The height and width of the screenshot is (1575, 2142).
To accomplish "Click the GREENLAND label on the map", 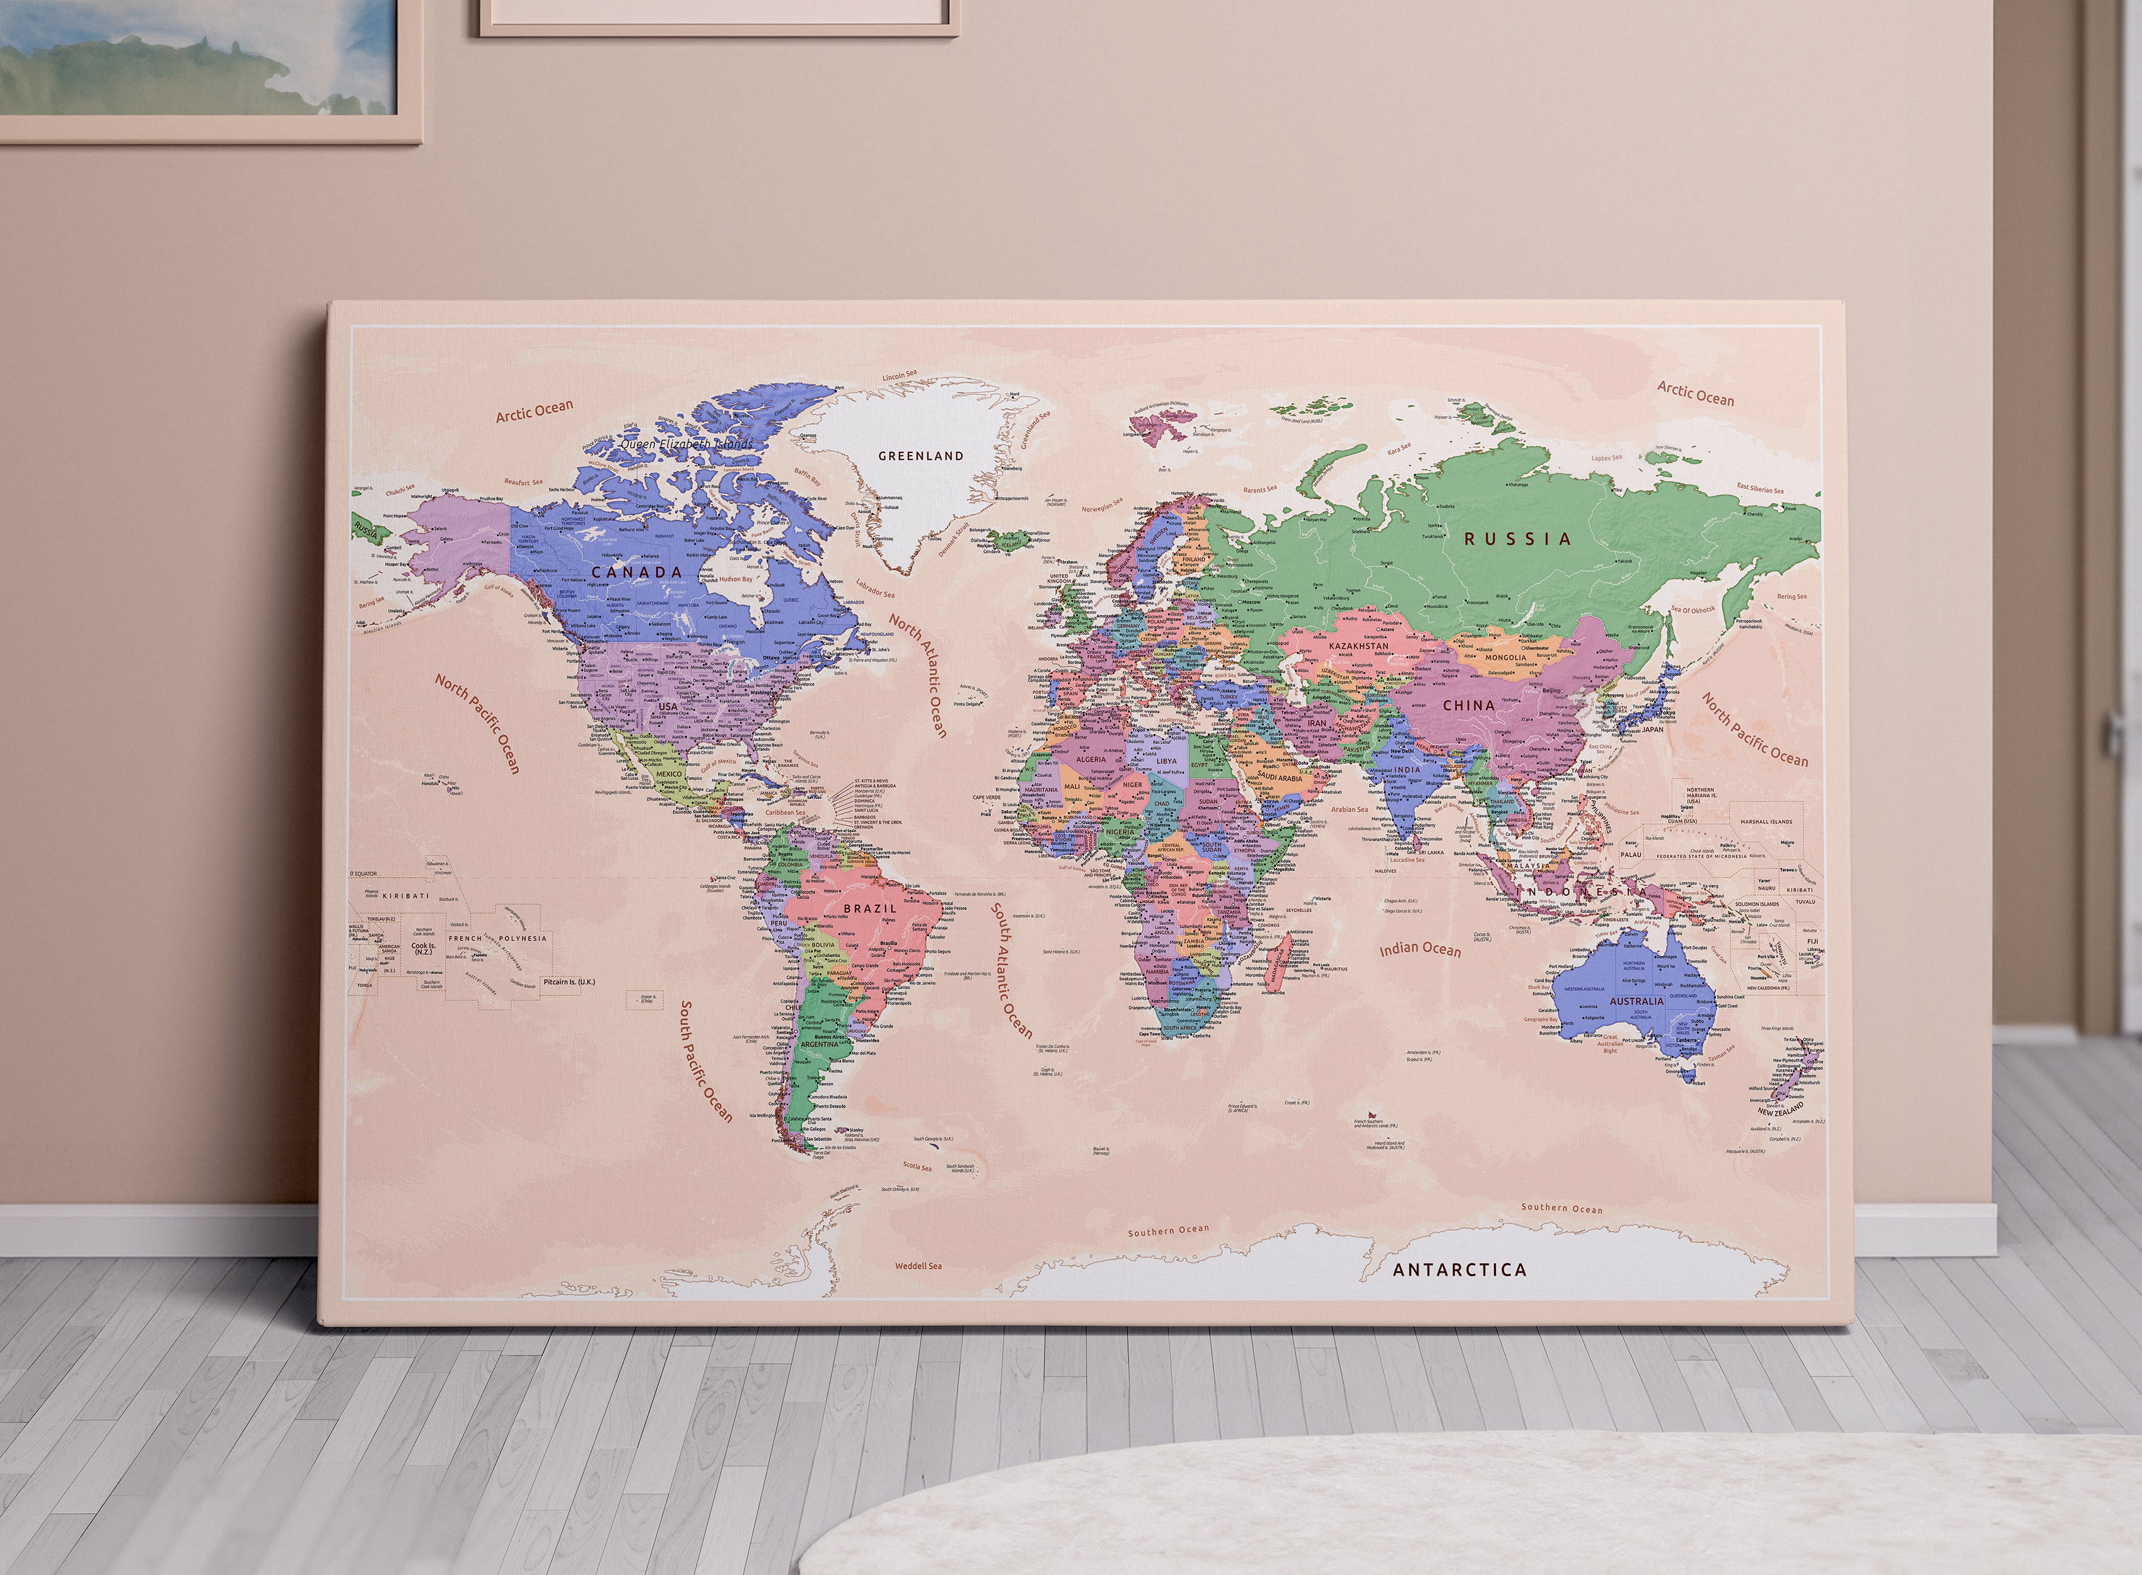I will click(x=920, y=455).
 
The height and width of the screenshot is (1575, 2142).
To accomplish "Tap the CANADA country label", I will click(x=637, y=572).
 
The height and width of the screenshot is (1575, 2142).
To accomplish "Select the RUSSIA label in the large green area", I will click(x=1517, y=539).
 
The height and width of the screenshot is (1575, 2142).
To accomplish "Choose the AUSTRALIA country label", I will click(x=1636, y=1001).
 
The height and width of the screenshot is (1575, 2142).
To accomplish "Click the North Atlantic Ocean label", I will click(x=918, y=674).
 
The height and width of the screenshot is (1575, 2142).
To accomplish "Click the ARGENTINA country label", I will click(x=819, y=1044).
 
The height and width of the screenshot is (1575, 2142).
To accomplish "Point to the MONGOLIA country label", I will click(x=1506, y=657).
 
